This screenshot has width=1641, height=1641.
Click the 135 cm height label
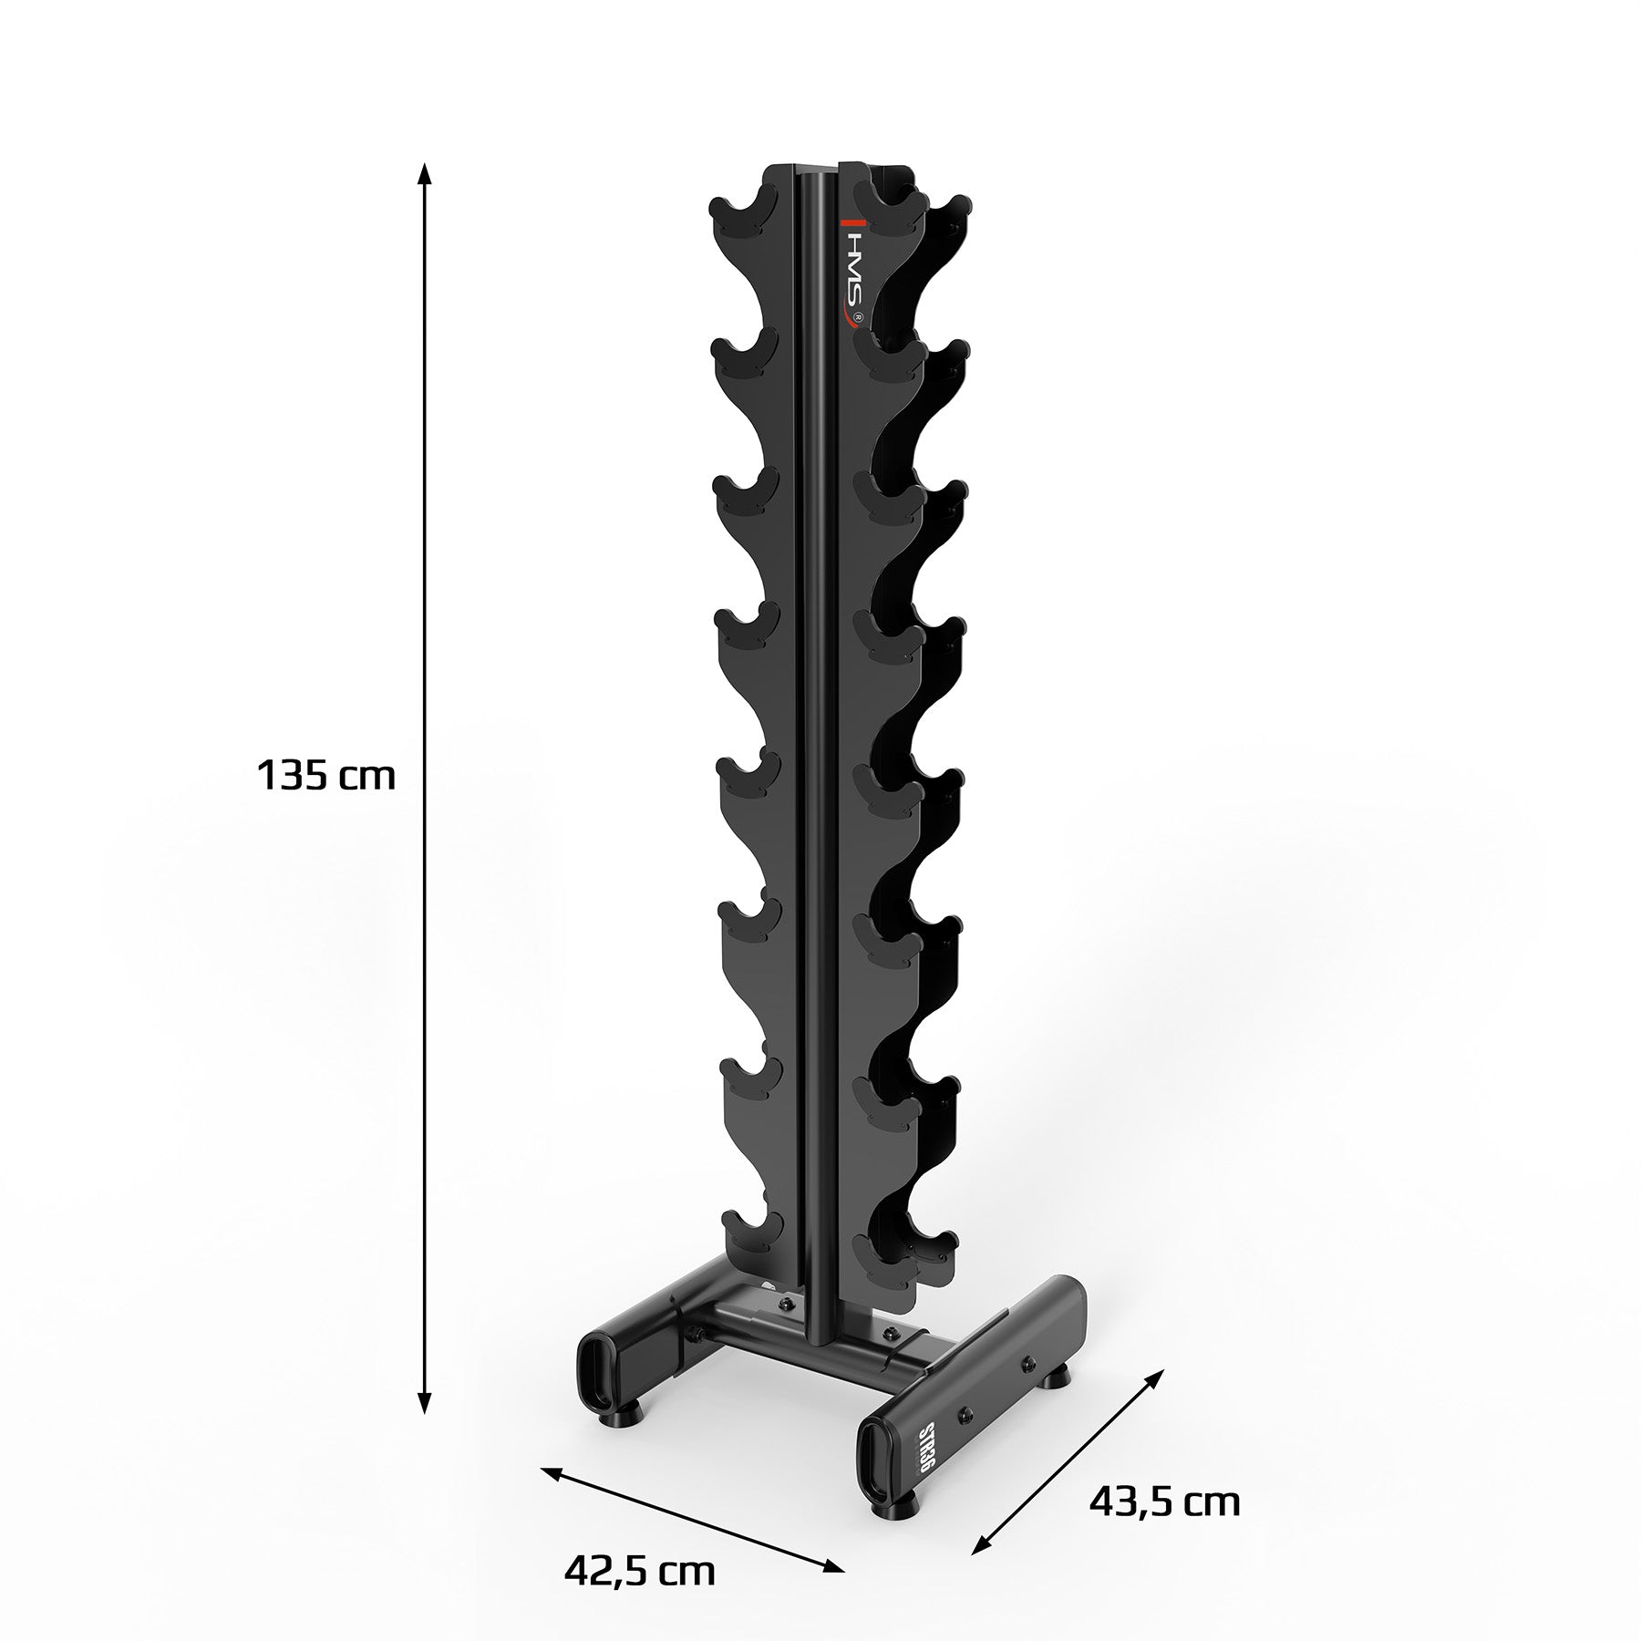tap(326, 777)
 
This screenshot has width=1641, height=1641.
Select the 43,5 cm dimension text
tap(1164, 1501)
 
